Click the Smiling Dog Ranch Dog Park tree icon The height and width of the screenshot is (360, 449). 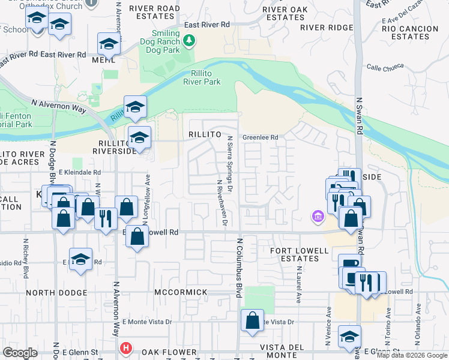click(190, 41)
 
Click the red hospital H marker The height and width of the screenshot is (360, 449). click(125, 347)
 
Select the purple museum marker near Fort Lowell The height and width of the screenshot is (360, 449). click(317, 215)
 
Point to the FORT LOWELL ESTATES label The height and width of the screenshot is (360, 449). click(300, 254)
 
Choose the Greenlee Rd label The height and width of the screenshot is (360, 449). click(261, 137)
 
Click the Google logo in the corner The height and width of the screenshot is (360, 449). click(20, 352)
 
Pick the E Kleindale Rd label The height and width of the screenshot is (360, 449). click(79, 172)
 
